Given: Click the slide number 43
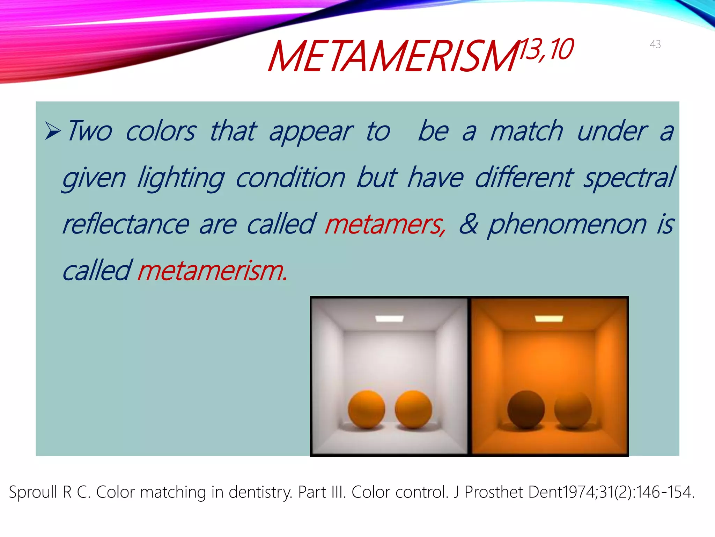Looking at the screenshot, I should (x=655, y=44).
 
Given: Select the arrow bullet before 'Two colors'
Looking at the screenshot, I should (x=53, y=131).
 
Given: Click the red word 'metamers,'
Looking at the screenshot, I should (x=385, y=224).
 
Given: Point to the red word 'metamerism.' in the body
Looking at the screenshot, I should (x=212, y=271).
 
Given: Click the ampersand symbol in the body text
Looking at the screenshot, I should (x=468, y=224).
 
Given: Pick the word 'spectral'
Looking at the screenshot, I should (x=629, y=178).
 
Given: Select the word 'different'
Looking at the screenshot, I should (x=524, y=178).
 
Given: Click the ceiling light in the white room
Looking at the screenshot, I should (x=389, y=318).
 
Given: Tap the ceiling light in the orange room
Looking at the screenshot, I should (x=549, y=318).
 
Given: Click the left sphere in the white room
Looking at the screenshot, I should (x=366, y=409).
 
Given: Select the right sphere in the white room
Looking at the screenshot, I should (x=413, y=409).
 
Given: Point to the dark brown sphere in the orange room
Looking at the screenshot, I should (x=526, y=409).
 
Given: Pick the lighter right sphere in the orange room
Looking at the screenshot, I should (x=573, y=409).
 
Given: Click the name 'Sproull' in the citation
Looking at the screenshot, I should (x=33, y=492).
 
